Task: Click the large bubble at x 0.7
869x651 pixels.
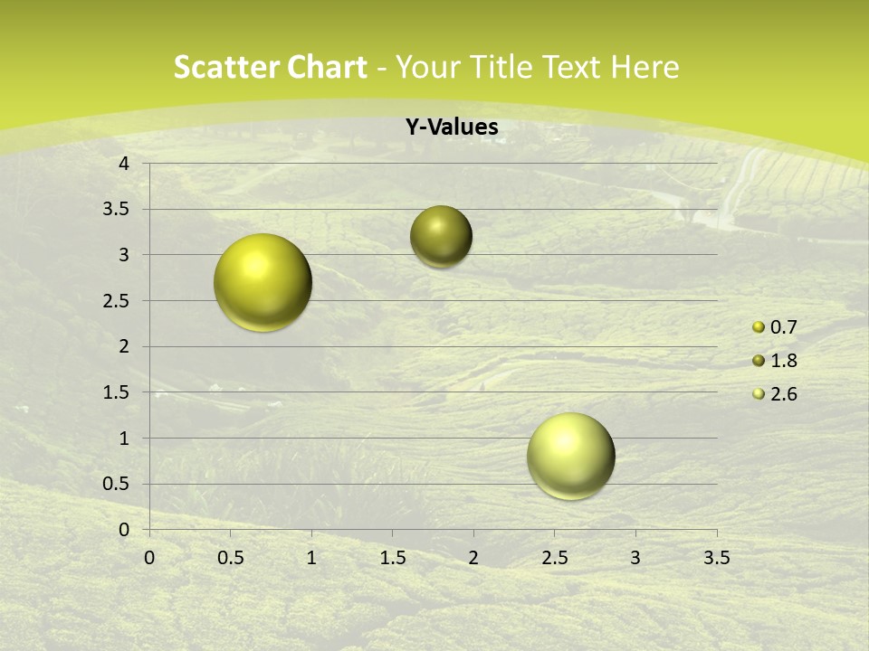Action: pos(263,282)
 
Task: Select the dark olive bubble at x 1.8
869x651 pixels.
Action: pos(441,237)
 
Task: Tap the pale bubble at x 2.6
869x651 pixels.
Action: pos(570,456)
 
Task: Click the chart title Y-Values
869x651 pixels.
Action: pos(452,127)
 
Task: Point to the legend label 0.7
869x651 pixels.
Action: pos(783,327)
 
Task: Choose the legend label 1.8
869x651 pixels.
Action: pos(783,361)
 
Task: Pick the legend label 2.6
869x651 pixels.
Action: pos(783,394)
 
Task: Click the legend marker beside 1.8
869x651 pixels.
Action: pos(759,361)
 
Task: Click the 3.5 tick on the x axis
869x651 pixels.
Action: pos(716,558)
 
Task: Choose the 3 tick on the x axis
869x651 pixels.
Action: pos(635,558)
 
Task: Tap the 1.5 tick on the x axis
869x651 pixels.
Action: pos(392,558)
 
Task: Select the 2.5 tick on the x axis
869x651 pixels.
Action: pos(554,558)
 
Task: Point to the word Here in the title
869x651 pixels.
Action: pos(645,67)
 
